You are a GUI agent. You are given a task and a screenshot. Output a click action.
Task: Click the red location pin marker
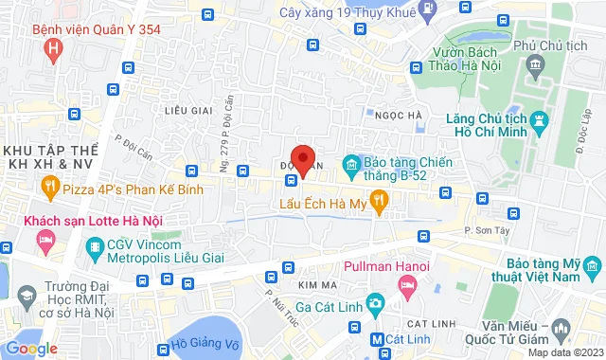tap(302, 159)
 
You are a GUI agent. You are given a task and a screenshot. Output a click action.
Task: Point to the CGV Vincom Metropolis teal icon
tap(94, 250)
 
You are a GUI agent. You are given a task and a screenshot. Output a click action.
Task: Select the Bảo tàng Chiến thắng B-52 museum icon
tap(352, 166)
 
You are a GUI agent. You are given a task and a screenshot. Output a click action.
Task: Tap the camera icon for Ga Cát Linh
tap(376, 303)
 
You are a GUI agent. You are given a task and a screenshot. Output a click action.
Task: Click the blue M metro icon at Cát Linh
tap(377, 338)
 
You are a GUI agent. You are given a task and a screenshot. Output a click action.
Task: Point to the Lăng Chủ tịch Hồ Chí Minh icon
tap(541, 121)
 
